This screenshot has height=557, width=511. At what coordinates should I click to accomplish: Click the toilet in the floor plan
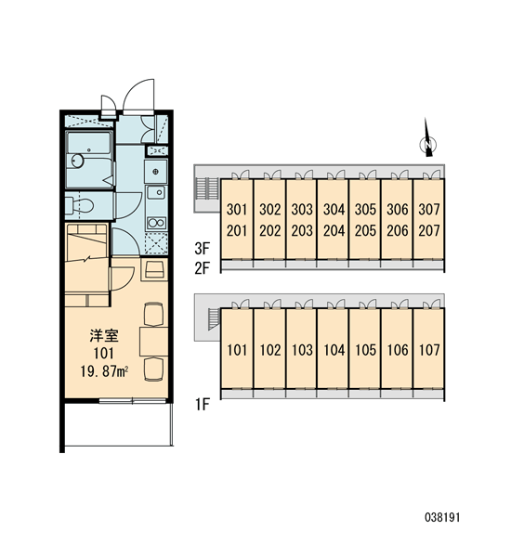[x=79, y=205]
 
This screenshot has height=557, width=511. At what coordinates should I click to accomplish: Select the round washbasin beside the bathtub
[x=77, y=161]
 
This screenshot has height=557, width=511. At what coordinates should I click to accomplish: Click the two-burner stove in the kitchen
[x=156, y=223]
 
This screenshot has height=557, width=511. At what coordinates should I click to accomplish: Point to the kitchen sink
[x=156, y=193]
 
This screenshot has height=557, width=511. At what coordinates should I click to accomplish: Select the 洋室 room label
[x=104, y=336]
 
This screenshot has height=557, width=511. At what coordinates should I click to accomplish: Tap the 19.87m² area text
[x=104, y=371]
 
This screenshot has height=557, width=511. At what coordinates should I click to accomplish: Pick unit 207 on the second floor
[x=429, y=231]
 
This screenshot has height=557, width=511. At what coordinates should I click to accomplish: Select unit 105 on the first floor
[x=365, y=350]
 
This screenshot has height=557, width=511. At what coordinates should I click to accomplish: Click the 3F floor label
[x=203, y=249]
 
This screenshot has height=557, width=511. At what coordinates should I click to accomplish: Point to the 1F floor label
[x=203, y=404]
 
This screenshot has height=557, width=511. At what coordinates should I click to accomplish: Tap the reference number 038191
[x=442, y=517]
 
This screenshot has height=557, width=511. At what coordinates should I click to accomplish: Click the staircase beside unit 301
[x=206, y=188]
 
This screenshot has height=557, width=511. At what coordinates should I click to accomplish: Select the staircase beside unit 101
[x=214, y=319]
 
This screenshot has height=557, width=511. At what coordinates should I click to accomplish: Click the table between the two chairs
[x=153, y=342]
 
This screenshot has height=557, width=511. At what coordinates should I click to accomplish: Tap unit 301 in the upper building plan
[x=237, y=210]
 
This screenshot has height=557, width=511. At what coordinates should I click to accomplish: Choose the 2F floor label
[x=203, y=268]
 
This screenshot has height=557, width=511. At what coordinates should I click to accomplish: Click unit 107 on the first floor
[x=429, y=350]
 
